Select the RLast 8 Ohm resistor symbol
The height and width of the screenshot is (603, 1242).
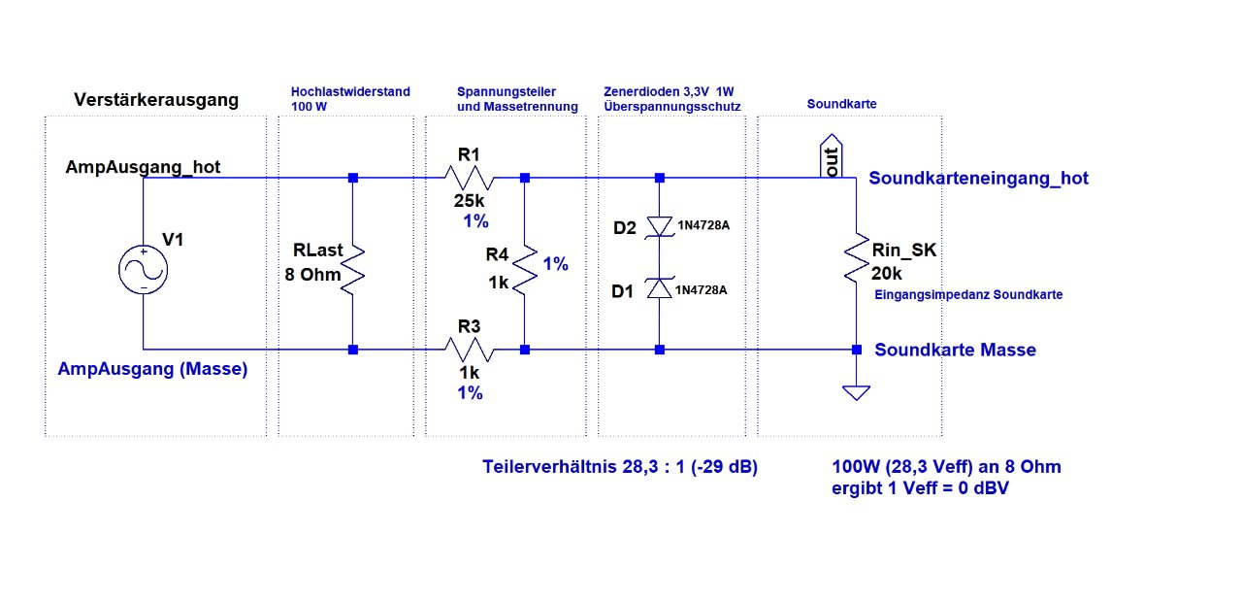pyautogui.click(x=353, y=264)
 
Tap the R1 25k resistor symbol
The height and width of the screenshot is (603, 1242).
pyautogui.click(x=471, y=178)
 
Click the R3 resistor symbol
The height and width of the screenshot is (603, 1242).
pyautogui.click(x=471, y=349)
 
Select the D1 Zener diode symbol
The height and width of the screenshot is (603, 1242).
pyautogui.click(x=660, y=288)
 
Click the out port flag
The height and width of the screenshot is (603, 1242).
pyautogui.click(x=831, y=155)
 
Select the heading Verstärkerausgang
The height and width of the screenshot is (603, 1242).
pyautogui.click(x=156, y=100)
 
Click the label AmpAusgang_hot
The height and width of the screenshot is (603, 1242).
pyautogui.click(x=143, y=167)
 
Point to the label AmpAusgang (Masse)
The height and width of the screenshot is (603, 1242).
pyautogui.click(x=152, y=369)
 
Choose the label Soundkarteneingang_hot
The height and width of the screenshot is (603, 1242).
pyautogui.click(x=978, y=179)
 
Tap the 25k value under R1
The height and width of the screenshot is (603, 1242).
pyautogui.click(x=470, y=201)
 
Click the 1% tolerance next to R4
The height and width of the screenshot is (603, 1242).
pyautogui.click(x=556, y=264)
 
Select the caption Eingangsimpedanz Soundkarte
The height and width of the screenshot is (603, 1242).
pyautogui.click(x=968, y=294)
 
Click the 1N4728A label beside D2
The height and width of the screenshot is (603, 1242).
pyautogui.click(x=702, y=227)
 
